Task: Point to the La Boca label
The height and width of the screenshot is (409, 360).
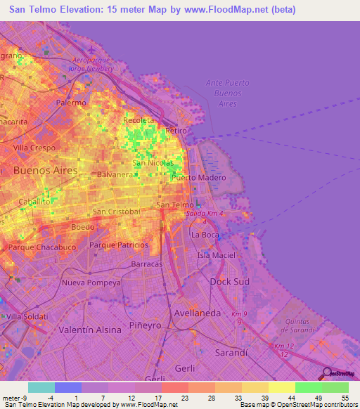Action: tap(205, 235)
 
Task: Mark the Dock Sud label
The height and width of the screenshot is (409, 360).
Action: tap(226, 281)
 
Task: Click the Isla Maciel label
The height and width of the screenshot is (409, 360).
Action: tap(217, 254)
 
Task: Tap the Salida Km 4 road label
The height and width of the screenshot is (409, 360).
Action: tap(204, 213)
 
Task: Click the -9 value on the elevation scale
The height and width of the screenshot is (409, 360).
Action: tap(23, 398)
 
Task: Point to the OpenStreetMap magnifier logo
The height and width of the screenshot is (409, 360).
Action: tap(327, 373)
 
